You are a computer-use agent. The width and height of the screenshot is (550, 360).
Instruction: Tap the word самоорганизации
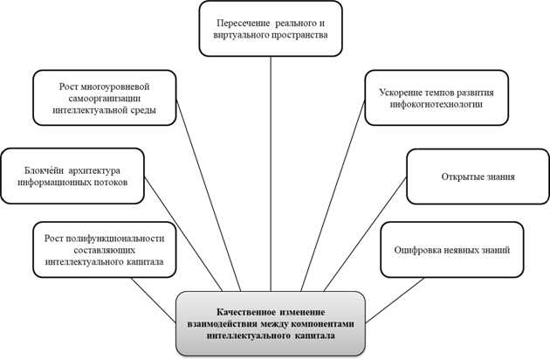click(x=105, y=99)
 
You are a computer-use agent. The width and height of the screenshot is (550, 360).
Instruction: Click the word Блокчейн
click(x=45, y=170)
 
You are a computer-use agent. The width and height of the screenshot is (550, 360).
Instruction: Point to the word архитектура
click(x=94, y=170)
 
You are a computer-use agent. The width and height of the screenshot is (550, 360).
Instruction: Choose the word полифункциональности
click(x=114, y=239)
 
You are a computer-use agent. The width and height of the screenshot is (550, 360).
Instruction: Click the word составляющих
click(x=105, y=251)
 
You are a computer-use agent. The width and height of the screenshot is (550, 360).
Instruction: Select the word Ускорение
click(x=400, y=93)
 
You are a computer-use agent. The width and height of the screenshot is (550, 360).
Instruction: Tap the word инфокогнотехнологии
click(x=437, y=104)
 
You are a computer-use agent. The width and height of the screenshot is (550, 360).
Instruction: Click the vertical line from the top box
click(x=271, y=174)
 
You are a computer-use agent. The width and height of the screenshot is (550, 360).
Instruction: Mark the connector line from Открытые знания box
click(x=365, y=234)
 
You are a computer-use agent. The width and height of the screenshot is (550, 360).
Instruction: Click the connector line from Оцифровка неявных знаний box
click(x=395, y=301)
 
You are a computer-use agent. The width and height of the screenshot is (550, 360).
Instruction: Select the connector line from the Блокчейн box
click(x=183, y=234)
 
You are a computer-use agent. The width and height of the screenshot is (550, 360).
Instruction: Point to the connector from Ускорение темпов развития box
click(x=333, y=195)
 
